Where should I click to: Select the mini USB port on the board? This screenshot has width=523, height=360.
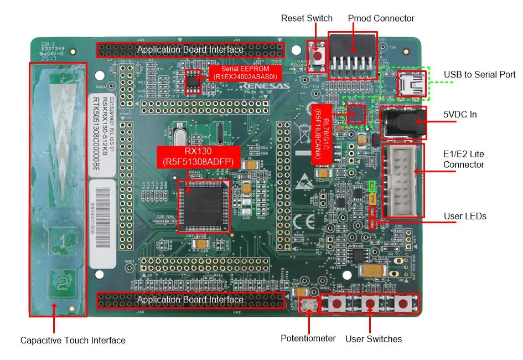point(410,84)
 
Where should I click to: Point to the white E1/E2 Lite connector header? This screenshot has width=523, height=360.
point(402,180)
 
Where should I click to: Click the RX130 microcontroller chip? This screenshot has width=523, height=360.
point(204,205)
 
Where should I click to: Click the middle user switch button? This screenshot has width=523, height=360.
point(369,303)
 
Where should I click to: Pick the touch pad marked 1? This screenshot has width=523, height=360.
point(64,241)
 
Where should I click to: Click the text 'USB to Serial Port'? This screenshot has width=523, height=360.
point(479,74)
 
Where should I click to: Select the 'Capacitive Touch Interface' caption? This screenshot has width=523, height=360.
point(73,340)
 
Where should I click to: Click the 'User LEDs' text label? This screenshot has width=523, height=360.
point(464,215)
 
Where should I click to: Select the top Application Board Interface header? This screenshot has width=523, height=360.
point(190,50)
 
